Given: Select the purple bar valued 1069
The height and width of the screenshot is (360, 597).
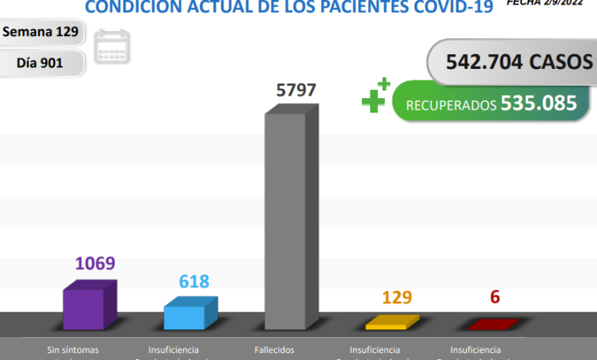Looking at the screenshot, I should pyautogui.click(x=88, y=306).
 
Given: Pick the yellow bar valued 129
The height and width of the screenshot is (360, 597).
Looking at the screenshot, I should pyautogui.click(x=392, y=322).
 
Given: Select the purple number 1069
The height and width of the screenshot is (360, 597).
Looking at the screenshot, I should pyautogui.click(x=94, y=263).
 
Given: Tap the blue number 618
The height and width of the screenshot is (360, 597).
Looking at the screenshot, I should pyautogui.click(x=194, y=282).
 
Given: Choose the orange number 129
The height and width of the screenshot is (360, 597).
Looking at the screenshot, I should pyautogui.click(x=396, y=296).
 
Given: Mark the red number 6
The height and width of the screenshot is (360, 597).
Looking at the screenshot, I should pyautogui.click(x=494, y=297).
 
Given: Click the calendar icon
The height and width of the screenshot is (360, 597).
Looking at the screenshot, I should pyautogui.click(x=112, y=47).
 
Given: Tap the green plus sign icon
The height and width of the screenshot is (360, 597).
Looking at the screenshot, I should pyautogui.click(x=375, y=97).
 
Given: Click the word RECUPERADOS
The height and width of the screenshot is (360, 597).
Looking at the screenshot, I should pyautogui.click(x=451, y=105).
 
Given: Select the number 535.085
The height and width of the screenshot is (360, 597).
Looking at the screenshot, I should pyautogui.click(x=539, y=103).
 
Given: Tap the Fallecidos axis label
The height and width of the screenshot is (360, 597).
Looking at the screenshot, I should pyautogui.click(x=274, y=350).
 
